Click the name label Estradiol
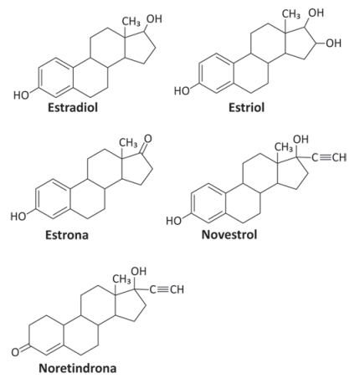coord(73,107)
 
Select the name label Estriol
coord(246,107)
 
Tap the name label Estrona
coord(67,235)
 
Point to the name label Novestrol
coord(229,234)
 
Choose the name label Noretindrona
coord(78,368)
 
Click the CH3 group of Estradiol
coord(131,22)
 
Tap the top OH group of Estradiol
coord(154,18)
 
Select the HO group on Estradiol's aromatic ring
coord(21,95)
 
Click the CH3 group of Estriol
coord(291,13)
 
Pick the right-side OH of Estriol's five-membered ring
coord(334,43)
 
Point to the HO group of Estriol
coord(182,90)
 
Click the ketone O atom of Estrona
coord(148,139)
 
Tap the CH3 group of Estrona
coord(128,143)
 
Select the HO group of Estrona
coord(18,217)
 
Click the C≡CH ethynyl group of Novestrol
coord(329,157)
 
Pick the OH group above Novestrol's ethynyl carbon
coord(301,139)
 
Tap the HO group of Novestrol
coord(174,221)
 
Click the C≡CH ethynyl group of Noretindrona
coord(167,289)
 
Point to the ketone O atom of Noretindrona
coord(15,352)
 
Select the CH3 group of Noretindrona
coord(121,279)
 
